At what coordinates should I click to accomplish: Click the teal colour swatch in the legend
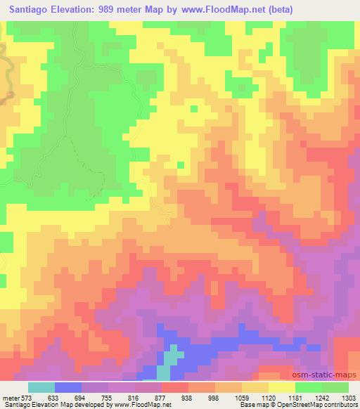point(41,387)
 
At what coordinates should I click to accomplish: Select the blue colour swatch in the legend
point(67,387)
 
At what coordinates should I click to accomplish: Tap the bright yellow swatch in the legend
point(281,387)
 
